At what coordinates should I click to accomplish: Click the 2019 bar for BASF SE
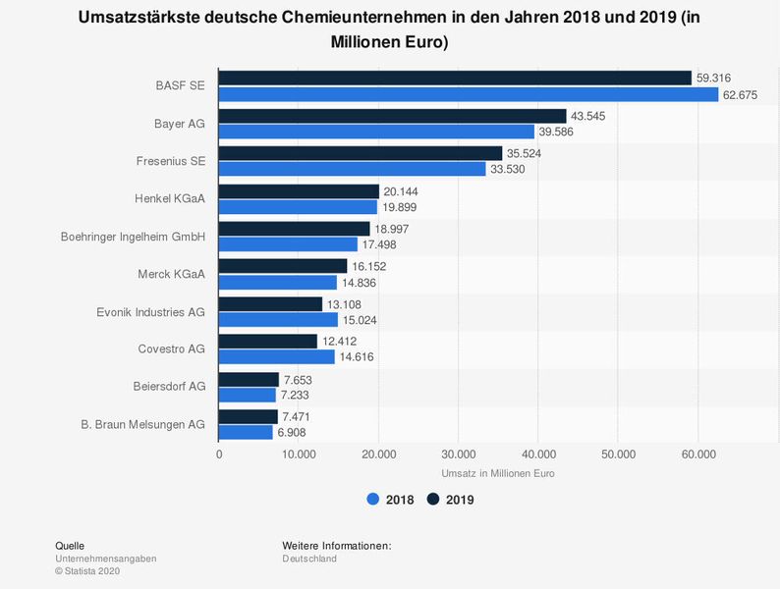point(455,78)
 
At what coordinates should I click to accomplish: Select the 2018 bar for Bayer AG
point(376,132)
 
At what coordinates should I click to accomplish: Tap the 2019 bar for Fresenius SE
point(360,153)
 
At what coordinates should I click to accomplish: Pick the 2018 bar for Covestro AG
point(276,357)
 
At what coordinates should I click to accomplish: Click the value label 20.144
point(401,190)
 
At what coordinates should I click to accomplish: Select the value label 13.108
point(345,303)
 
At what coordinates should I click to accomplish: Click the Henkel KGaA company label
point(169,198)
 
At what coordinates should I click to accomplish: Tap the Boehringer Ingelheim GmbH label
point(132,236)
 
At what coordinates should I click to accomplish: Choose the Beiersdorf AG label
point(168,387)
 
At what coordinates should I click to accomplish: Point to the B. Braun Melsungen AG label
point(143,424)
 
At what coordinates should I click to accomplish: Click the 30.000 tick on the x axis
point(458,455)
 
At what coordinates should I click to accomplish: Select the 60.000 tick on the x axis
point(697,455)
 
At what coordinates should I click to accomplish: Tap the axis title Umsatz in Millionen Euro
point(498,474)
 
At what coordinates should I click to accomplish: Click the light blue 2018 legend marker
point(373,500)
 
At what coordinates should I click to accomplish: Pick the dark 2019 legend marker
point(433,500)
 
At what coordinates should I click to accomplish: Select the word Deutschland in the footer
point(309,559)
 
